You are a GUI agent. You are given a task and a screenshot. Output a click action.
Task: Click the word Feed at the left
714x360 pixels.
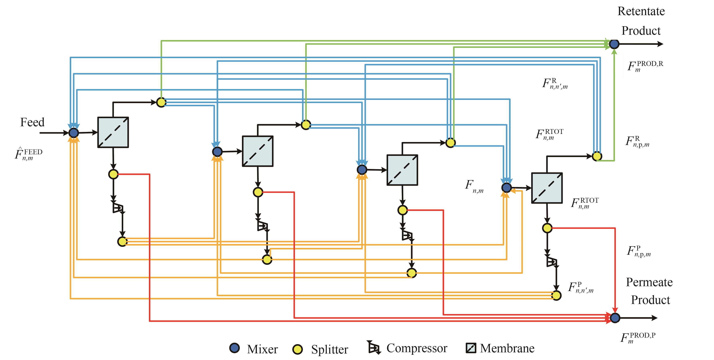pyautogui.click(x=32, y=122)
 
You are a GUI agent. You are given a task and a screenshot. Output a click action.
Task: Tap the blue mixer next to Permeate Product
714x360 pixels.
pyautogui.click(x=615, y=318)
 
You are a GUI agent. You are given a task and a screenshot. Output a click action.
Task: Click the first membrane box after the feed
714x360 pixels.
pyautogui.click(x=113, y=132)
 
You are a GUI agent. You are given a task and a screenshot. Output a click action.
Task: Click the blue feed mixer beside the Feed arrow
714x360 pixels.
pyautogui.click(x=73, y=133)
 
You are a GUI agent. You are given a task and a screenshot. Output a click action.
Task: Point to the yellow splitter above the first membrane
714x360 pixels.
pyautogui.click(x=161, y=102)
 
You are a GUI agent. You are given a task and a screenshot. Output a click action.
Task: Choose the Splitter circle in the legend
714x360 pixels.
pyautogui.click(x=298, y=349)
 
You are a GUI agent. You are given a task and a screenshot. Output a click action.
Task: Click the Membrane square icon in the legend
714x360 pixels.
pyautogui.click(x=471, y=348)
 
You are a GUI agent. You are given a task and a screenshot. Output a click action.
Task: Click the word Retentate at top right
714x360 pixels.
pyautogui.click(x=641, y=11)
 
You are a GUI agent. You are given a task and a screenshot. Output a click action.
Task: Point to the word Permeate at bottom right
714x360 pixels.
pyautogui.click(x=649, y=282)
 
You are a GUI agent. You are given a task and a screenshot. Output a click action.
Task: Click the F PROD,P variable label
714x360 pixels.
pyautogui.click(x=638, y=338)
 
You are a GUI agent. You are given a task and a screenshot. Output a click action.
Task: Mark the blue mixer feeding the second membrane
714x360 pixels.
pyautogui.click(x=217, y=152)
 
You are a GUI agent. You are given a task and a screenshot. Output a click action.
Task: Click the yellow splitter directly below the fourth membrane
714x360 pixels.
pyautogui.click(x=547, y=228)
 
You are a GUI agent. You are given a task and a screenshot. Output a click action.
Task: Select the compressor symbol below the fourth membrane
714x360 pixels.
pyautogui.click(x=552, y=261)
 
